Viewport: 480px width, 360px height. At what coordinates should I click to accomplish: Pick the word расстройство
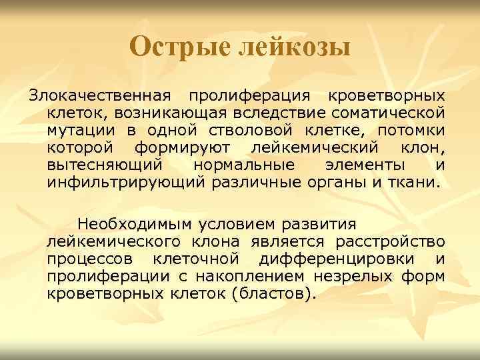point(395,241)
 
